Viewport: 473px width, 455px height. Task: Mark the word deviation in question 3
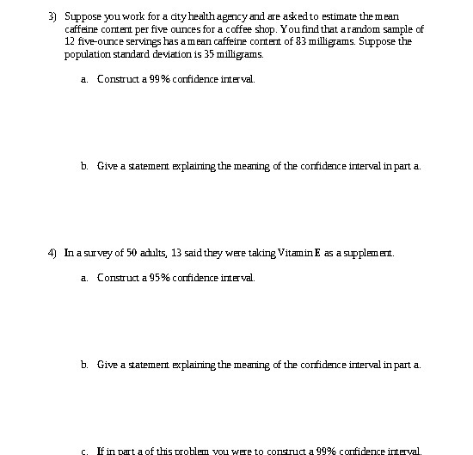(153, 54)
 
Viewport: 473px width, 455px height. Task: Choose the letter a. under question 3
(84, 79)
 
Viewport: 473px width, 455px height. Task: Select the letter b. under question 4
(84, 365)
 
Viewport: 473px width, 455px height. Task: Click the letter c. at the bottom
(84, 451)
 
